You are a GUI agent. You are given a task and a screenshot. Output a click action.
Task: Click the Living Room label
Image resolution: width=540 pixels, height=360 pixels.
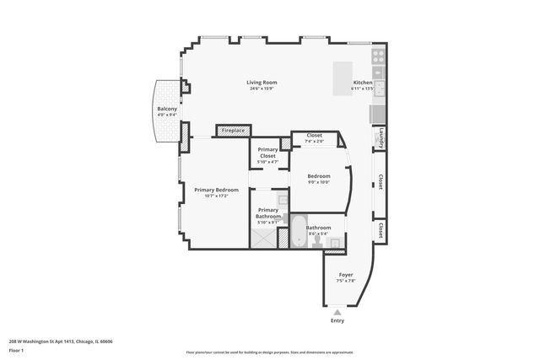point(262,83)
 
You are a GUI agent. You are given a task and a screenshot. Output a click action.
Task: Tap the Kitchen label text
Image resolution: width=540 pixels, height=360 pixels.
point(363,83)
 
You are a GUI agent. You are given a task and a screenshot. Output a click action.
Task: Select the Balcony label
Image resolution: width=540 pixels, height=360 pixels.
point(166,110)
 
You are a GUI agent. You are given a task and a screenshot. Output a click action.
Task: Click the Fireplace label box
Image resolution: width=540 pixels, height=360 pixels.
point(234,131)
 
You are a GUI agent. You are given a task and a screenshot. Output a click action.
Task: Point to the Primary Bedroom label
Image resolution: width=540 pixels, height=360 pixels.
point(216,190)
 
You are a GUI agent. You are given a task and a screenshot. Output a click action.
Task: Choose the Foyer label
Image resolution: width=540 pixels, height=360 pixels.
point(346,275)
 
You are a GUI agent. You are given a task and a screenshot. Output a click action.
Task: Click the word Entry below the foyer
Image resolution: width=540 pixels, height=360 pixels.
point(337,321)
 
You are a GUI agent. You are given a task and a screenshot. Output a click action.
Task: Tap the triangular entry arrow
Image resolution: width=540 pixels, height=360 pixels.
point(337,312)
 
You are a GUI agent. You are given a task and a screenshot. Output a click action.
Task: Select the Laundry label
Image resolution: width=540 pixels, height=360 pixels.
point(381,137)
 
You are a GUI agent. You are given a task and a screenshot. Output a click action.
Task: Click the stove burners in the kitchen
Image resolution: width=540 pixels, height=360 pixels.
point(379,59)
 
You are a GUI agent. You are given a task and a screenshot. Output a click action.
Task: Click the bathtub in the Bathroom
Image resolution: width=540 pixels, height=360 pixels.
point(300,229)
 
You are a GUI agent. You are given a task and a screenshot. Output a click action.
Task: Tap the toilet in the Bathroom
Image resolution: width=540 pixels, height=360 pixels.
point(316,242)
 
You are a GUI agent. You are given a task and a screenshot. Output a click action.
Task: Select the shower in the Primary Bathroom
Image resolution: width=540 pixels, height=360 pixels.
point(262,239)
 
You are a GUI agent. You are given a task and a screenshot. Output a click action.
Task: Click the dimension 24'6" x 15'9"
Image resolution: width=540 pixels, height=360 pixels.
point(262,89)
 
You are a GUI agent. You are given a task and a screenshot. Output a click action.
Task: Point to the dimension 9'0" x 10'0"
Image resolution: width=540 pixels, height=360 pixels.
point(318,181)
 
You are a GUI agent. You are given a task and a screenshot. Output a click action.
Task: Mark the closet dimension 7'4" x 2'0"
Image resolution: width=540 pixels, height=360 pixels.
point(314,141)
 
